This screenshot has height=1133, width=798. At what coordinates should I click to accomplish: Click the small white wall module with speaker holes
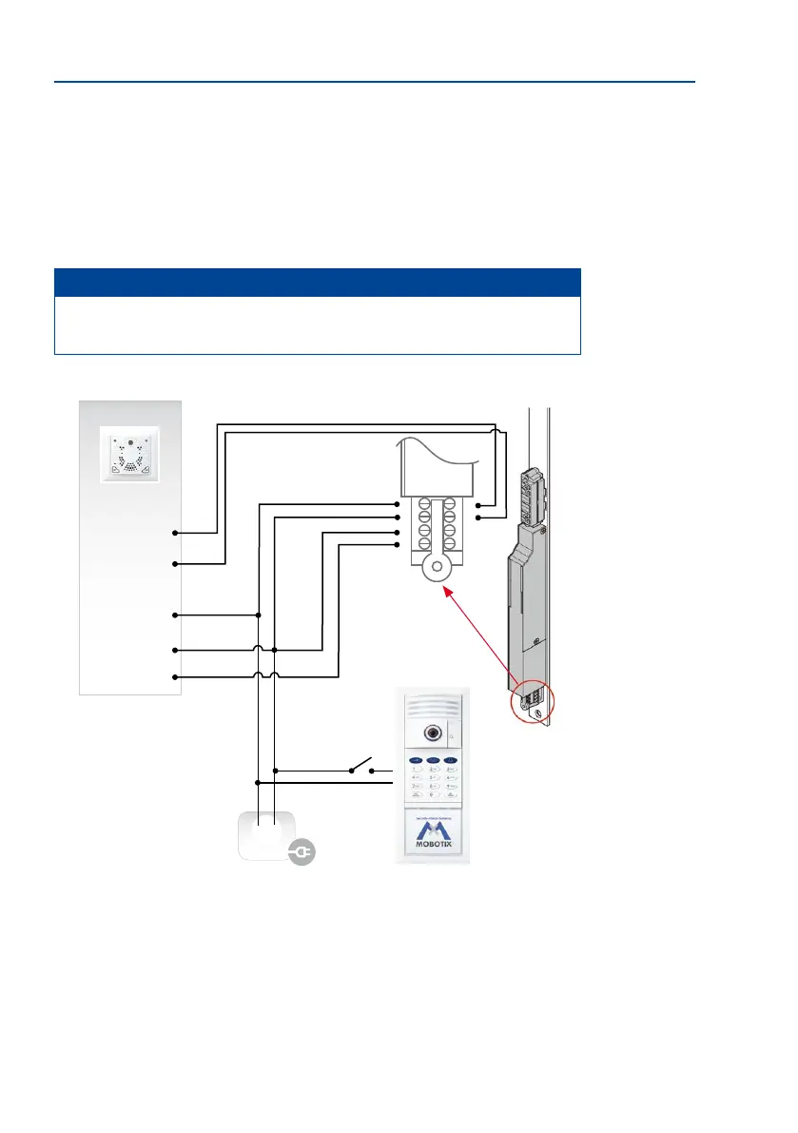[x=128, y=455]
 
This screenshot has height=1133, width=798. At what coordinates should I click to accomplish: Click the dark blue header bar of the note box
[x=318, y=283]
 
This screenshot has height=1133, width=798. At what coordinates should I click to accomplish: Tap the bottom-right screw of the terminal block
[x=451, y=544]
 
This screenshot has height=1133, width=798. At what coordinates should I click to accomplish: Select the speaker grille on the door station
[x=433, y=709]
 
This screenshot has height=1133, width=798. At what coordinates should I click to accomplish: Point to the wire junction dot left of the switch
[x=275, y=770]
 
